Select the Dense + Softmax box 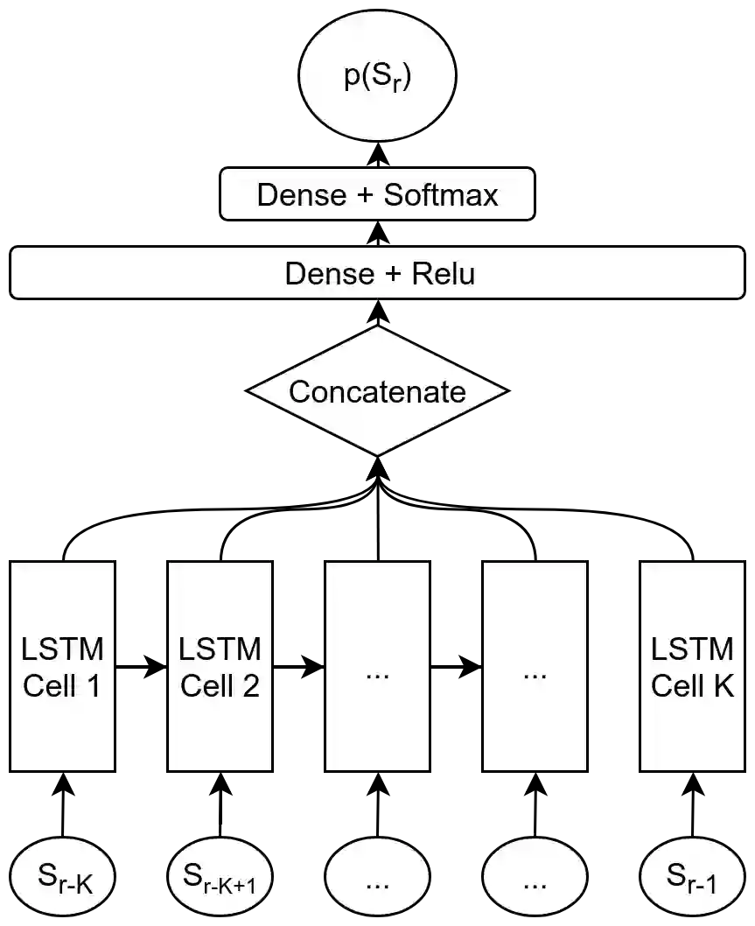pyautogui.click(x=377, y=194)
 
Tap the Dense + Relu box pyautogui.click(x=377, y=274)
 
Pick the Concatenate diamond pyautogui.click(x=377, y=391)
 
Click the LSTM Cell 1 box pyautogui.click(x=62, y=666)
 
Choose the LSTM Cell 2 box pyautogui.click(x=220, y=666)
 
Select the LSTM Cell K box pyautogui.click(x=692, y=666)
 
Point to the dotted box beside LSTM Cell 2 pyautogui.click(x=377, y=666)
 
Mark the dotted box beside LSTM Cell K pyautogui.click(x=535, y=666)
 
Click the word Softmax pyautogui.click(x=441, y=194)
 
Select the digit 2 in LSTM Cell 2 pyautogui.click(x=250, y=686)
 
